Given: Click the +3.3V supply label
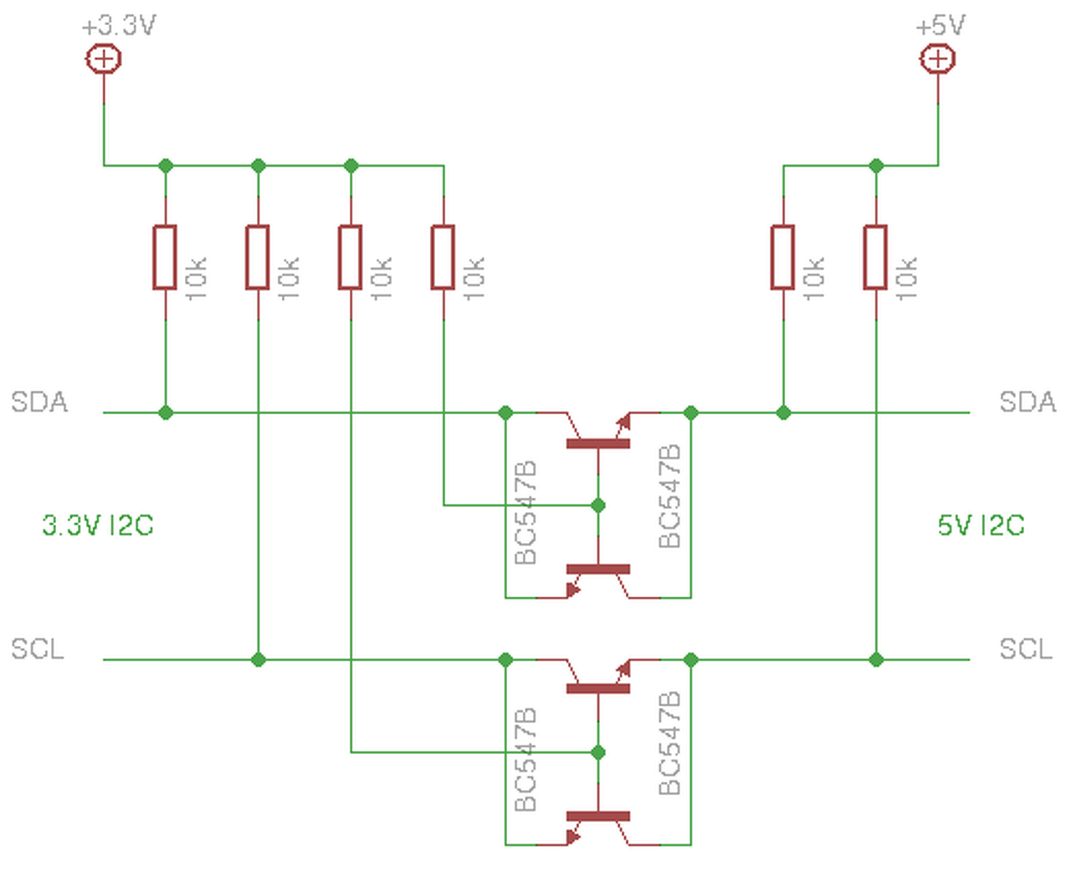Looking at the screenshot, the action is (119, 26).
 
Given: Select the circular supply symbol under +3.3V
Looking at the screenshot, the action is (104, 59).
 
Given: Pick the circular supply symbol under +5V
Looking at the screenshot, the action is (937, 59).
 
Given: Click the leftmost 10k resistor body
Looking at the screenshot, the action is (165, 258).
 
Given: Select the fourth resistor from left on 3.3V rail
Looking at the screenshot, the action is (443, 258).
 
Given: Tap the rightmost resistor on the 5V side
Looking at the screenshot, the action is (875, 258).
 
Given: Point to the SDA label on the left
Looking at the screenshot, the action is (39, 403).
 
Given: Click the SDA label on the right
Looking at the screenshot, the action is (1027, 403).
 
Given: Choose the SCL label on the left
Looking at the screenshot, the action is (38, 649).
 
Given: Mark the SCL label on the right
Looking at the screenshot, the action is (1026, 649).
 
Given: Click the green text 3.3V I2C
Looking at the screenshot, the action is (98, 526).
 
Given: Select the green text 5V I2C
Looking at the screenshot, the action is (981, 526).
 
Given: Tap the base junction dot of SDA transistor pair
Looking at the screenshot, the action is (598, 505).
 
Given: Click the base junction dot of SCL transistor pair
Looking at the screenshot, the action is (598, 752).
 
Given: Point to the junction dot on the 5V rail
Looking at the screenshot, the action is (876, 166).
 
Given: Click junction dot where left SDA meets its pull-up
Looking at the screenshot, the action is (166, 413).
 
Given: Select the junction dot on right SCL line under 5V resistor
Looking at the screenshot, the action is (876, 659).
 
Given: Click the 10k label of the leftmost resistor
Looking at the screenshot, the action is (196, 279).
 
